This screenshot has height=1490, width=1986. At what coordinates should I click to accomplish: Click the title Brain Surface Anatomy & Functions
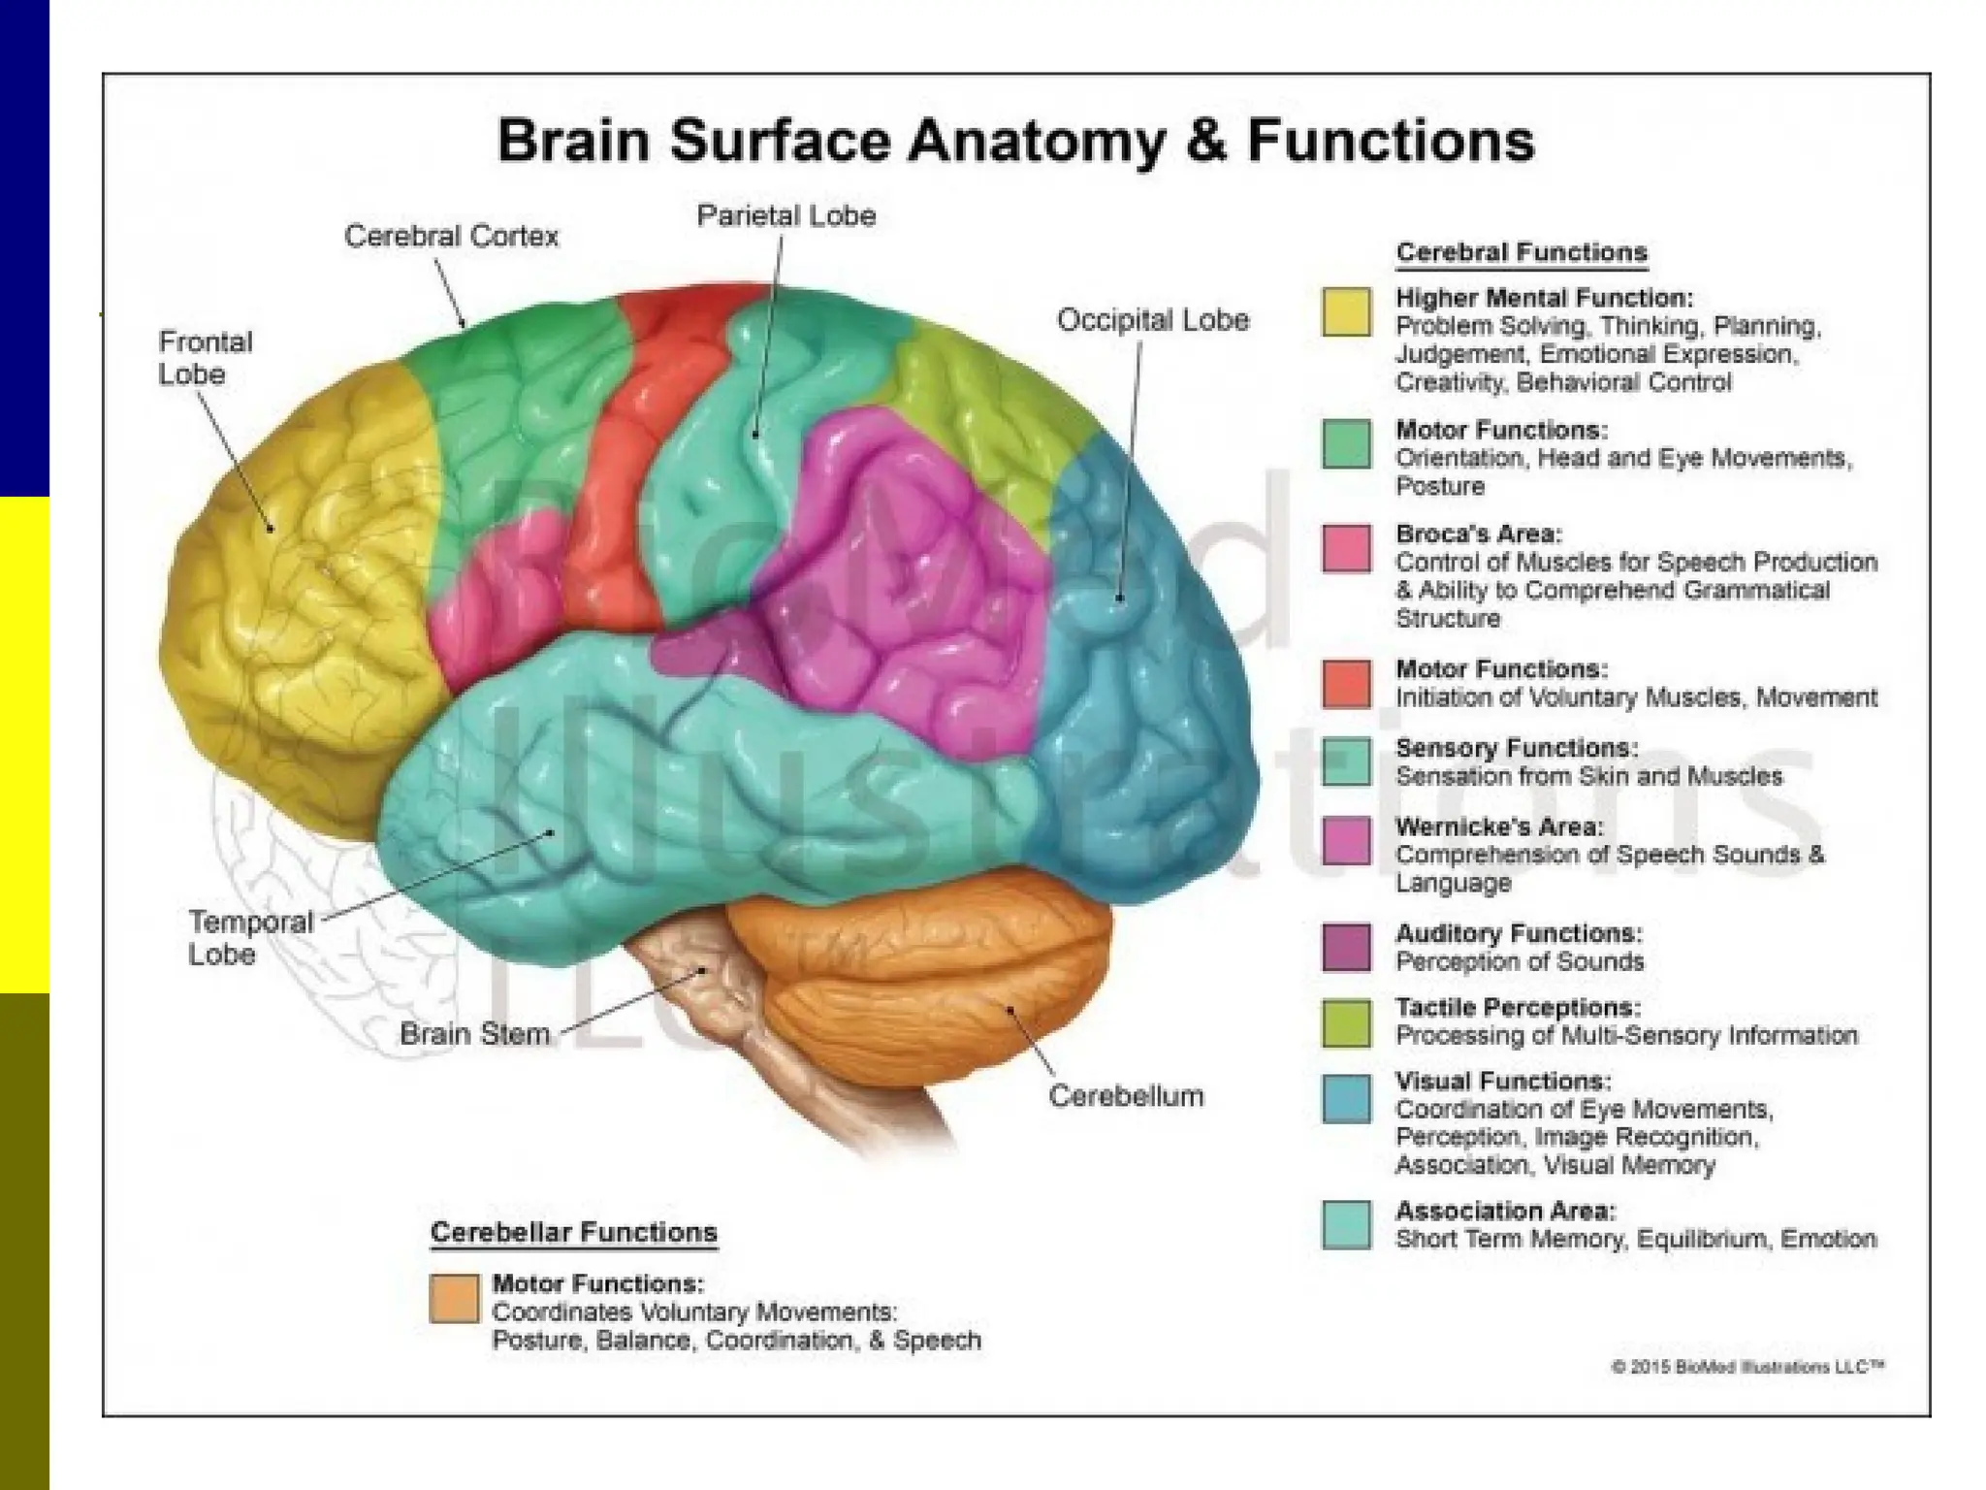pos(1015,141)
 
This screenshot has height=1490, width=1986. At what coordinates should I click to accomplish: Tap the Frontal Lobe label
pos(205,358)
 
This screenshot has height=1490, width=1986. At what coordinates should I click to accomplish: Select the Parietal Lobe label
pos(785,215)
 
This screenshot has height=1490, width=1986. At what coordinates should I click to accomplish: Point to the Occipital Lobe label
pos(1152,320)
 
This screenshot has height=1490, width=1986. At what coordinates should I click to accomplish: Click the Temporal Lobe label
pos(250,937)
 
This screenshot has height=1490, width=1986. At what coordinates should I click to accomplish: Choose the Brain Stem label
pos(474,1034)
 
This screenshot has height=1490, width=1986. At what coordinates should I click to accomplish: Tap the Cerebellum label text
pos(1125,1096)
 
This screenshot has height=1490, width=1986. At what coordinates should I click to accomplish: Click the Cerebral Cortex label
pos(451,236)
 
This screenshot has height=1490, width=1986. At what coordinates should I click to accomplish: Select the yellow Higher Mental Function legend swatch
pos(1346,311)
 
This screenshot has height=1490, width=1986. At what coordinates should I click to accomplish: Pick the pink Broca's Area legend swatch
pos(1346,549)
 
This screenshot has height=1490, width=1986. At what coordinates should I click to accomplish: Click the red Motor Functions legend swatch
pos(1346,684)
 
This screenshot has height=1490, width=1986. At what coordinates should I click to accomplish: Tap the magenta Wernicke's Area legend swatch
pos(1346,840)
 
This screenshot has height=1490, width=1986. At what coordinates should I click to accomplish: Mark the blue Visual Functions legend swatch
pos(1346,1098)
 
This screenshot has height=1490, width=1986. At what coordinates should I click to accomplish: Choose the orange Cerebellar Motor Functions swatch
pos(454,1299)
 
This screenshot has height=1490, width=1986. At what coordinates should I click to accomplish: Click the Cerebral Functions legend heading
pos(1521,252)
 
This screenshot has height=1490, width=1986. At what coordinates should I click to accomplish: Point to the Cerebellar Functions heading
pos(573,1232)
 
